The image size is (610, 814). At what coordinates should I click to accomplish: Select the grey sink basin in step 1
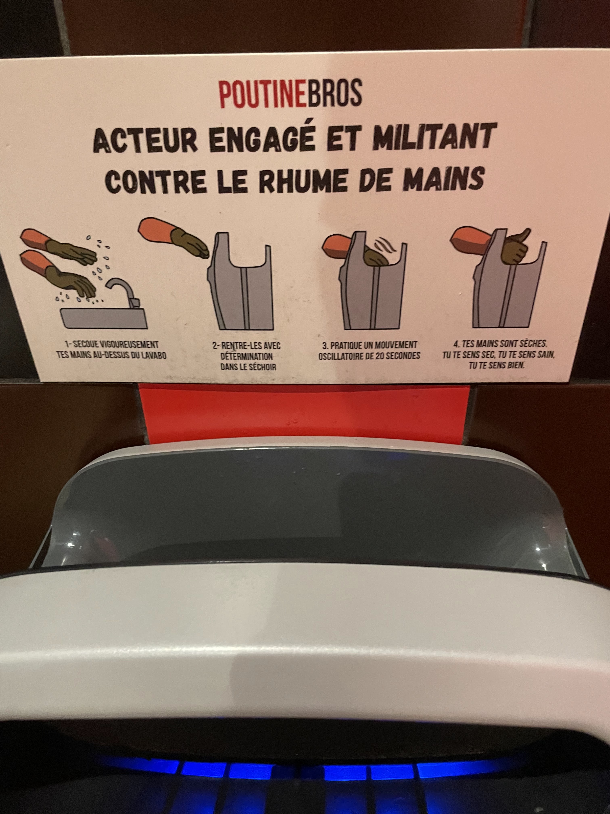(104, 318)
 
